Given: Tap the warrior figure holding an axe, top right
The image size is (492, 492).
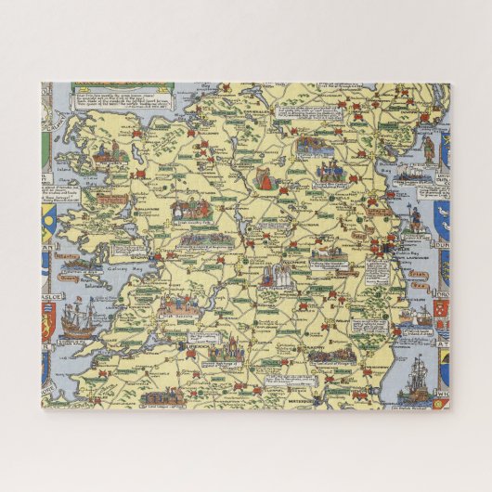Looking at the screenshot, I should pos(427,149).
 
